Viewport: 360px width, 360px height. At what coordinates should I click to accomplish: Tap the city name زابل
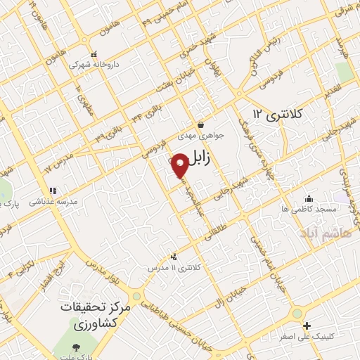[x=210, y=160]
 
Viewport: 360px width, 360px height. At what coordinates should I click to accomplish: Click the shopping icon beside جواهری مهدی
[x=200, y=124]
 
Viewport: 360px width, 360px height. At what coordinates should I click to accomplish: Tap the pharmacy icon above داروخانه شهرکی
[x=94, y=53]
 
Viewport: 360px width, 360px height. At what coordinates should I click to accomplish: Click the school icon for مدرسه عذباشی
[x=51, y=190]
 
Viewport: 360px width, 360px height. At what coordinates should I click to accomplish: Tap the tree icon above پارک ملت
[x=77, y=348]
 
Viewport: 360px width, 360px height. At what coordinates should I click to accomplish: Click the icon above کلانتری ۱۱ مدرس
[x=174, y=256]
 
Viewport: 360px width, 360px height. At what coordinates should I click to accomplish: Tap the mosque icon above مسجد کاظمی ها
[x=308, y=198]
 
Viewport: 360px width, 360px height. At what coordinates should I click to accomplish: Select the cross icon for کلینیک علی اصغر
[x=307, y=325]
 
